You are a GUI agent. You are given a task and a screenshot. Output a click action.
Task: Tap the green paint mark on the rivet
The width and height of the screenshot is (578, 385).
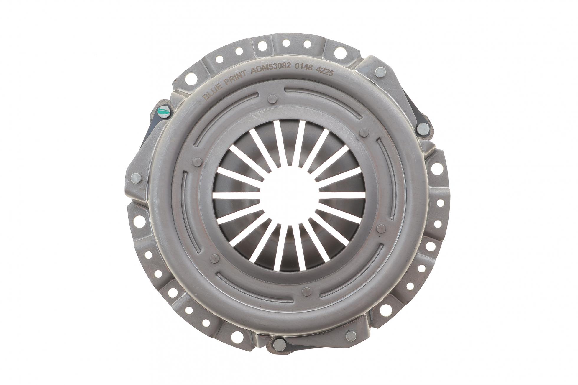pos(163,111)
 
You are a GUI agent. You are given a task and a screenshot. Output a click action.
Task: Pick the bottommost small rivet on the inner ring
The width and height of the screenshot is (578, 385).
pos(307,292)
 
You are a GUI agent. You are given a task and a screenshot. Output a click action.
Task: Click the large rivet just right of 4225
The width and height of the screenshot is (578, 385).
pos(380,72)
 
